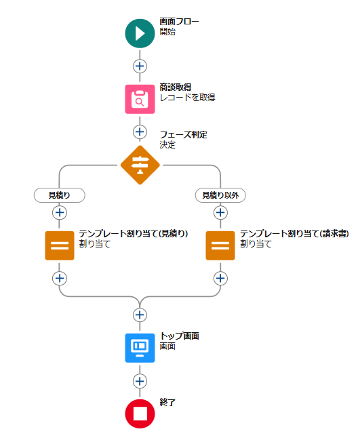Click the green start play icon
coord(140,33)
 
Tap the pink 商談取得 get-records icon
coord(140,99)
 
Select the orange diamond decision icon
coord(140,165)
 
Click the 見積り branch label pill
coord(59,195)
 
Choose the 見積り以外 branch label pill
coord(220,195)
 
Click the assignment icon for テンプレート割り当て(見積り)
coord(60,245)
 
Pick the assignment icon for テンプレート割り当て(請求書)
coord(220,245)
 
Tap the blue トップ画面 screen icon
coord(140,348)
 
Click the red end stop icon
coord(140,414)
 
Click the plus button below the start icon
coord(140,66)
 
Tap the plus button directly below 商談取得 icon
coord(140,132)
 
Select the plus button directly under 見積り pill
coord(60,212)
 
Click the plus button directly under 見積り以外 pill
coord(220,212)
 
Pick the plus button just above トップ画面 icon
coord(140,315)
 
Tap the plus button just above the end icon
coord(140,381)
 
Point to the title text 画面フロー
coord(179,21)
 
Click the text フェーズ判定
coord(183,135)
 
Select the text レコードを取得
coord(187,98)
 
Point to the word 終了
coord(167,403)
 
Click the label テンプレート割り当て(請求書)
coord(294,233)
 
